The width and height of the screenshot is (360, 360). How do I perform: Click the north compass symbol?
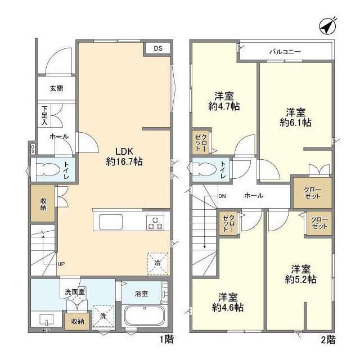click(328, 26)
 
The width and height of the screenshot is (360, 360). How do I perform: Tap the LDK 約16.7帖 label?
click(124, 156)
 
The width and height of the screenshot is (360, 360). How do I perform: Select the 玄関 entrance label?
click(56, 88)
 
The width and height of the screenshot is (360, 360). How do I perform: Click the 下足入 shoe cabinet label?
click(44, 115)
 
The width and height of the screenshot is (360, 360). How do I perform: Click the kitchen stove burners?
click(155, 223)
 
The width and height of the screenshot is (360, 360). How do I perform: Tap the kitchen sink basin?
click(111, 222)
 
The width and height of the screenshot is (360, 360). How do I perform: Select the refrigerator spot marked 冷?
click(157, 264)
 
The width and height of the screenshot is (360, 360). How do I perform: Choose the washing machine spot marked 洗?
click(103, 316)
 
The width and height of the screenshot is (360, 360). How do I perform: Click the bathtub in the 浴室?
click(145, 317)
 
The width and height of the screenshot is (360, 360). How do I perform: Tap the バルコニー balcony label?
click(285, 52)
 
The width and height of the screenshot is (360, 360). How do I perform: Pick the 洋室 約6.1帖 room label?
click(295, 118)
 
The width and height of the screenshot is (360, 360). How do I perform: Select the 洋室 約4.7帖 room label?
click(224, 101)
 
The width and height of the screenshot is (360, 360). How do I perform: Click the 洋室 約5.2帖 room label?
click(301, 274)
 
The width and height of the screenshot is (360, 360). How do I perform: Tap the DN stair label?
click(222, 196)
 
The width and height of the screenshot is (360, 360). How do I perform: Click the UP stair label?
click(61, 264)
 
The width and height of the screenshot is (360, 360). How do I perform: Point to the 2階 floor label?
click(328, 340)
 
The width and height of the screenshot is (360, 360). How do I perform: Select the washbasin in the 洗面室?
click(46, 319)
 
